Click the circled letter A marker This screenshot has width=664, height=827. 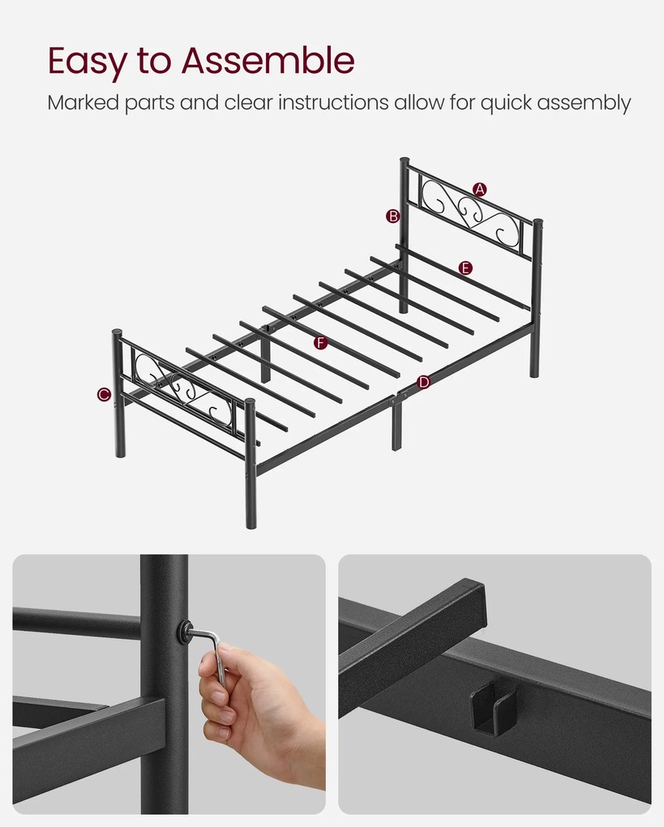(x=479, y=190)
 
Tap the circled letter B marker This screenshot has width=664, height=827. (x=393, y=216)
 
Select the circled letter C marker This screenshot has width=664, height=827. (x=104, y=394)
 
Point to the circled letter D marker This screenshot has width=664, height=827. (x=423, y=383)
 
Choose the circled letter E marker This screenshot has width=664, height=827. (x=465, y=268)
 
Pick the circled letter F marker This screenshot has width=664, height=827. (x=321, y=343)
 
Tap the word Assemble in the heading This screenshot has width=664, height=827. (x=268, y=60)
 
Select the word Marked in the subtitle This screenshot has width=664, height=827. (x=84, y=102)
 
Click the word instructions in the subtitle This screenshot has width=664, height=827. (x=333, y=102)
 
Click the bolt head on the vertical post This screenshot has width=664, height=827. (x=185, y=631)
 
